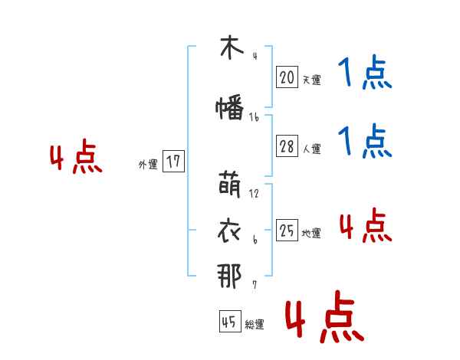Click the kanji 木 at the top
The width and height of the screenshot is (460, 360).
[x=230, y=47]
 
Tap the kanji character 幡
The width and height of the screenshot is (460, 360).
[x=230, y=108]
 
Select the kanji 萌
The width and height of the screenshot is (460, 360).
[x=230, y=185]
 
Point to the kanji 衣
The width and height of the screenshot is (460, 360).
[x=230, y=230]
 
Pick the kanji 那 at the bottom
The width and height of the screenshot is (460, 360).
[x=230, y=276]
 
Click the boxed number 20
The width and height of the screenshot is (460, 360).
[x=287, y=77]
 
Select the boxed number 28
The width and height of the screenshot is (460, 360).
[x=287, y=147]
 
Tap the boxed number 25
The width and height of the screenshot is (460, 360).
[x=287, y=231]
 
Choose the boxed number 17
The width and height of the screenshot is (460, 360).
[x=173, y=162]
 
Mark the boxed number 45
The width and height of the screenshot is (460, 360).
[x=229, y=322]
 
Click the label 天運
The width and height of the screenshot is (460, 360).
[x=311, y=80]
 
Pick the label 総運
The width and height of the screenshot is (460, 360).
[x=255, y=325]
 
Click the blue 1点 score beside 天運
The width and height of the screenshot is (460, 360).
[x=364, y=74]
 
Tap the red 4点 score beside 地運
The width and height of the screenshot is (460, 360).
[x=365, y=225]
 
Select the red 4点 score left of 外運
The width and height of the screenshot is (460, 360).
[x=75, y=159]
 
